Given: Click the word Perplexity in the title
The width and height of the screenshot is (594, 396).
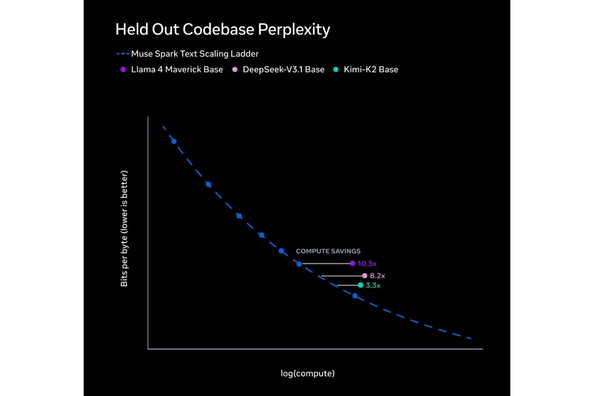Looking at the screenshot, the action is (294, 30).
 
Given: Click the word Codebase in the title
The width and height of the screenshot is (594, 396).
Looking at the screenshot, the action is (218, 29).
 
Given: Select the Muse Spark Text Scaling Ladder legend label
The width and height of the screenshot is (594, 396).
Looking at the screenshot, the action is (195, 54).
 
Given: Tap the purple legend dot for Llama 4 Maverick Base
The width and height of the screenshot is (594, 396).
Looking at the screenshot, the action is (123, 69).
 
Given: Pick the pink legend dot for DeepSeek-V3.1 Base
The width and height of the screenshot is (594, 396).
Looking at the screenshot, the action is (235, 69).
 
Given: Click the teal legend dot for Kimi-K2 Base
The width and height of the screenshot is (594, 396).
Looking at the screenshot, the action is (336, 69).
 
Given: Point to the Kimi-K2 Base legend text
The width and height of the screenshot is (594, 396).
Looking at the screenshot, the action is (371, 69).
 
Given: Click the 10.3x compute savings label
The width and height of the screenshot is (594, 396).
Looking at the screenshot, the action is (367, 264).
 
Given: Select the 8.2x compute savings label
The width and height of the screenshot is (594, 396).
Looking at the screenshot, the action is (377, 276).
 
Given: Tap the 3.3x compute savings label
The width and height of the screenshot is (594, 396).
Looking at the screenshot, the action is (373, 286).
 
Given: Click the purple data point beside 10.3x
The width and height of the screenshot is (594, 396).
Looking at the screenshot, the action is (352, 263).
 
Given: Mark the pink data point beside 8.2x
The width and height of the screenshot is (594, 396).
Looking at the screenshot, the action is (365, 276).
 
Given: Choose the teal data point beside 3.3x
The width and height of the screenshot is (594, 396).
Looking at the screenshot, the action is (360, 285).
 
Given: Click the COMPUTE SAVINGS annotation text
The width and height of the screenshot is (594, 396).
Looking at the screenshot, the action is (328, 251).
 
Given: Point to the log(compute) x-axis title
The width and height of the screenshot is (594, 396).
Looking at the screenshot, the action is (307, 373).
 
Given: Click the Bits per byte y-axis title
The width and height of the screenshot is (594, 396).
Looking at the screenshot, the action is (124, 228).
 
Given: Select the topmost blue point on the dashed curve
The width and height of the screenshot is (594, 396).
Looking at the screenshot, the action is (174, 142).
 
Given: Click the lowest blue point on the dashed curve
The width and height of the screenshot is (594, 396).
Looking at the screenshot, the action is (355, 296).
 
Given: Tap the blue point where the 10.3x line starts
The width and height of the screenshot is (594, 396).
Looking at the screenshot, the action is (299, 264).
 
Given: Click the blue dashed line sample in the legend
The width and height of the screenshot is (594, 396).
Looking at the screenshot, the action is (123, 54).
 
